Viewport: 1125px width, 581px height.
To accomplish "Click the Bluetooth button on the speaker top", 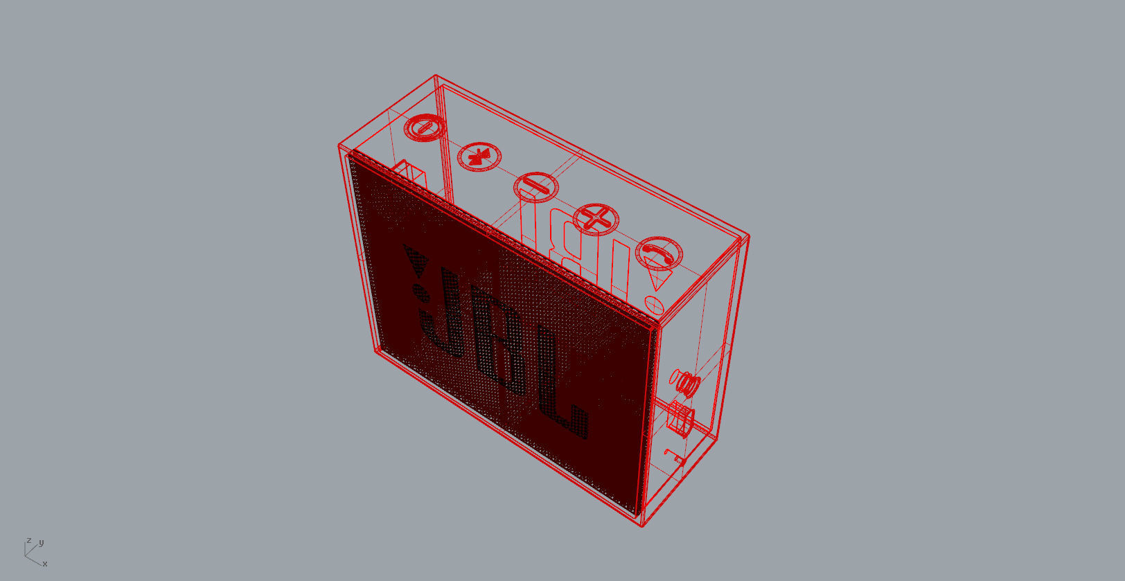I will coord(479,157).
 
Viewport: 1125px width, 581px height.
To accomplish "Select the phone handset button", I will coord(659,253).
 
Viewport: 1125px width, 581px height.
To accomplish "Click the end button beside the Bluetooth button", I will coord(425,128).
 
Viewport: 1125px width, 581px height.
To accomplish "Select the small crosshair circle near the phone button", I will coord(654,305).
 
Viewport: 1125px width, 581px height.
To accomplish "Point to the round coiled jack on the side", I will coord(685,384).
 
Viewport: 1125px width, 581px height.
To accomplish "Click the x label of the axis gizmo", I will coord(45,564).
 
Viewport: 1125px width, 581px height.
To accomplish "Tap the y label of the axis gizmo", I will coord(42,543).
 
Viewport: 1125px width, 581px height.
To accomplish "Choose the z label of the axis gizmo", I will coord(29,540).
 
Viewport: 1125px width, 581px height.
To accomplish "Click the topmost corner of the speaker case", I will coord(436,75).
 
